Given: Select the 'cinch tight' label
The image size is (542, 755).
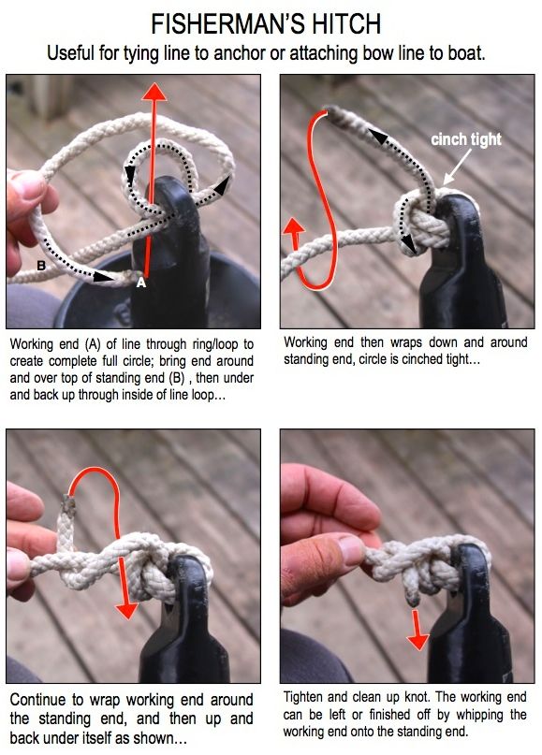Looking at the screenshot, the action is [x=466, y=139].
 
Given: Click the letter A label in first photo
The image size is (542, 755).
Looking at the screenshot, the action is [x=140, y=283].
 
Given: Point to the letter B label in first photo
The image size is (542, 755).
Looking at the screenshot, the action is [x=41, y=266].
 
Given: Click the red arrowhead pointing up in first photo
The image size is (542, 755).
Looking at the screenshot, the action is [x=154, y=92].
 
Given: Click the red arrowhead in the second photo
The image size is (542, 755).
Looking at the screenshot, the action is [x=293, y=225].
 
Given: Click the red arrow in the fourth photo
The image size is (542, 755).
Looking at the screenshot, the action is [x=417, y=630].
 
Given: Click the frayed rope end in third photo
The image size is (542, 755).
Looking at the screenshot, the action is [x=67, y=505].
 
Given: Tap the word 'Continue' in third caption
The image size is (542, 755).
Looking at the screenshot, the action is [x=38, y=700].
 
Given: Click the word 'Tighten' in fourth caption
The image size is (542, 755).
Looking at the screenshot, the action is [x=303, y=697].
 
